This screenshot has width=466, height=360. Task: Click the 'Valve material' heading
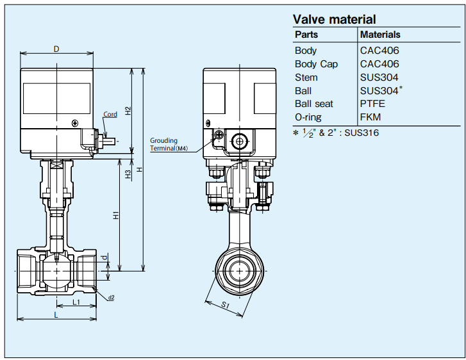tap(334, 19)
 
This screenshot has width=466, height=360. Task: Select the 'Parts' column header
tap(306, 35)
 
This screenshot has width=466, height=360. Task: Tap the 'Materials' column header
tap(380, 35)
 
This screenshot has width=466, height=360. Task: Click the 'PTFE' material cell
tap(373, 104)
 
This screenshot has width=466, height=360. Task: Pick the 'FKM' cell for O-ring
tap(370, 117)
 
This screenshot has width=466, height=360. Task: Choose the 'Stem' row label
tap(306, 78)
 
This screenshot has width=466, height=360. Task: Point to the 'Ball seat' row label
tap(314, 104)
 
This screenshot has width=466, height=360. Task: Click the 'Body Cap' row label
tap(316, 64)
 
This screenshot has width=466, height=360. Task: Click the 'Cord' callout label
tap(110, 114)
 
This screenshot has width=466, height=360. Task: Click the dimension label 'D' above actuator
tap(56, 49)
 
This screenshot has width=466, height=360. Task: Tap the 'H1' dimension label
tap(116, 215)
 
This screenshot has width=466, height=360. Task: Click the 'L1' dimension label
tap(76, 302)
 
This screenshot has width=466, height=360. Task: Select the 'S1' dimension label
tap(225, 306)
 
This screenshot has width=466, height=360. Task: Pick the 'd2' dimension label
tap(111, 298)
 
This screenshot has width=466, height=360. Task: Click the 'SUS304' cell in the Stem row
tap(375, 78)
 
